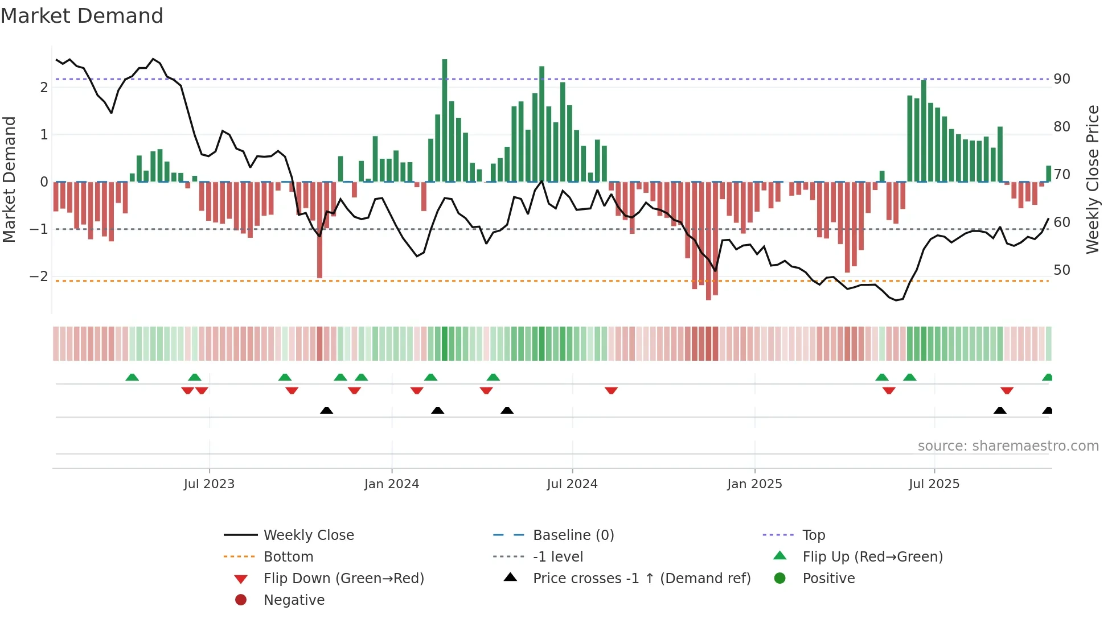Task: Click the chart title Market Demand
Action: [x=82, y=16]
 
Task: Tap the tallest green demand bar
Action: [x=445, y=119]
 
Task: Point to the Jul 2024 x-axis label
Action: [x=572, y=484]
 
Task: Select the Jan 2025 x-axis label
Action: [x=754, y=484]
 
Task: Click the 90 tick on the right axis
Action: [x=1062, y=79]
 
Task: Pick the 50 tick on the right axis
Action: [x=1062, y=270]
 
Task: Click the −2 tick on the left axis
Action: [x=39, y=277]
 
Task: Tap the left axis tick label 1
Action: [x=44, y=135]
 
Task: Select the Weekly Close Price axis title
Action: [x=1092, y=179]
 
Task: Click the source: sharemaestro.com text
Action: [x=1008, y=446]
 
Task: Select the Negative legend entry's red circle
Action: [x=241, y=600]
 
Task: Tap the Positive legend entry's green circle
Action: [x=780, y=579]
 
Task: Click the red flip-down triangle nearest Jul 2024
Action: [x=612, y=391]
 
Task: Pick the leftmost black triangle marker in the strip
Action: [x=326, y=410]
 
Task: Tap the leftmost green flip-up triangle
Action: [x=132, y=377]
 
